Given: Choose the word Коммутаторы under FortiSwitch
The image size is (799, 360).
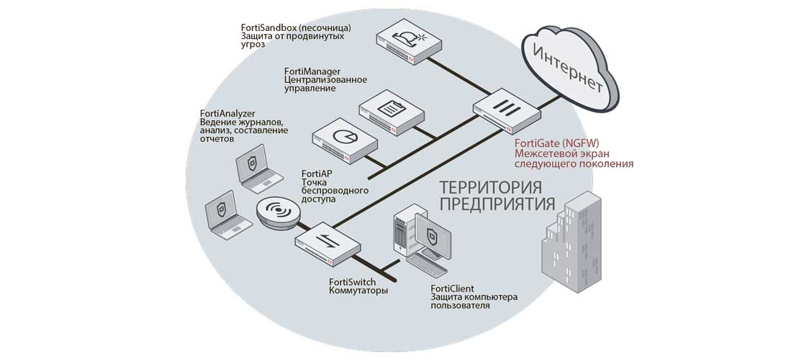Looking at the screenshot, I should point(358,291).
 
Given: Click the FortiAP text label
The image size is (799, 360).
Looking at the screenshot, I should point(317,174).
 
